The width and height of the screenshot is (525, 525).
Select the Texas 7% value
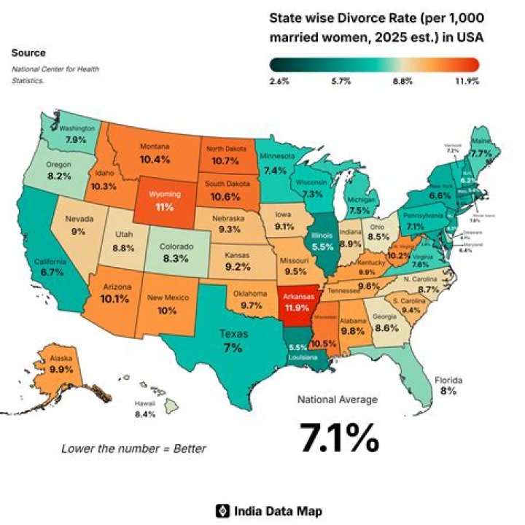click(x=233, y=349)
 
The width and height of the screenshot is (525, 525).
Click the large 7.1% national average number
click(x=339, y=437)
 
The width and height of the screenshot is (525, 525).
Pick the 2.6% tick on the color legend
click(x=279, y=82)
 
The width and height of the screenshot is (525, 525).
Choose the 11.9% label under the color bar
click(x=467, y=82)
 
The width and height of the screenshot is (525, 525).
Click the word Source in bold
click(x=28, y=52)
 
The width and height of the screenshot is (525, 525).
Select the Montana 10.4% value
click(x=155, y=158)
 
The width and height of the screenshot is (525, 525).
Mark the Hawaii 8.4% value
click(x=145, y=414)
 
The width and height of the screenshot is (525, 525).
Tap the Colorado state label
click(x=177, y=248)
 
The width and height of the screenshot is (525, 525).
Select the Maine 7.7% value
click(x=481, y=154)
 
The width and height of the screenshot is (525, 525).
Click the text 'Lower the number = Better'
click(x=133, y=448)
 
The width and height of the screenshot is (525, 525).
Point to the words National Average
click(x=337, y=400)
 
